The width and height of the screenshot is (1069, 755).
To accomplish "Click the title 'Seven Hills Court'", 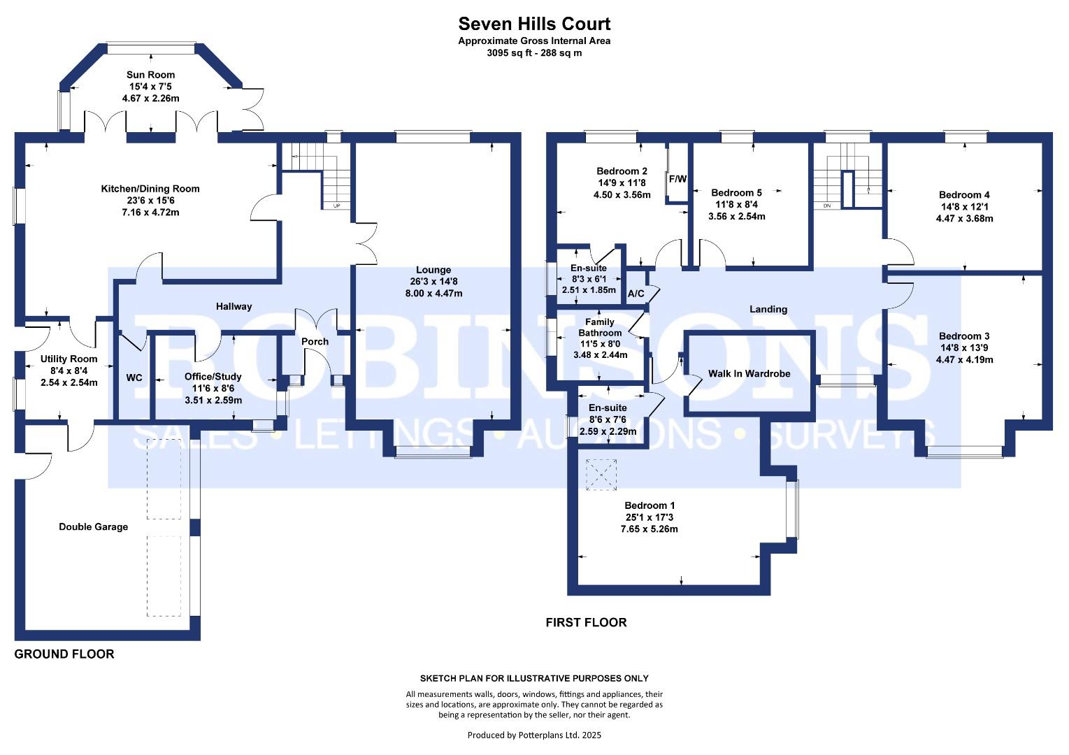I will (x=534, y=24).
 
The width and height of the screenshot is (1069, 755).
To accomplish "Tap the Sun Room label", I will (x=150, y=75).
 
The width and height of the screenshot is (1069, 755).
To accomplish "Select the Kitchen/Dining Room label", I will (x=150, y=189).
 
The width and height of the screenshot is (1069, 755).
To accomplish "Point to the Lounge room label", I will (x=433, y=270).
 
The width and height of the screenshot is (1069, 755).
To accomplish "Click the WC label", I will (x=134, y=378).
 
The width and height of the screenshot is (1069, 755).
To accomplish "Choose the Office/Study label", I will (x=213, y=377).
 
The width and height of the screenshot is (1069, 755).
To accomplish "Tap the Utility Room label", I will (x=69, y=359).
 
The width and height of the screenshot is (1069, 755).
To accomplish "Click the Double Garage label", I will (x=93, y=527).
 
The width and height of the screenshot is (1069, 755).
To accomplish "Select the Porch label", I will (x=315, y=342).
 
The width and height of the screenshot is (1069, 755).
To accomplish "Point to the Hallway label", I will (x=234, y=306).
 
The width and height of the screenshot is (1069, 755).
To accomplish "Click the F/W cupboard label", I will (x=677, y=179).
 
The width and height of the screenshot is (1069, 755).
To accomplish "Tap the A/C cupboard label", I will (x=636, y=294).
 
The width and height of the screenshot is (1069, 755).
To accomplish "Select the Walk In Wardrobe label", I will (x=749, y=373).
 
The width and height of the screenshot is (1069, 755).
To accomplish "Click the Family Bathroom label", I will (x=600, y=327).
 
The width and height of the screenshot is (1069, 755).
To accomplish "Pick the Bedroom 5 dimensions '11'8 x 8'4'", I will (x=736, y=205).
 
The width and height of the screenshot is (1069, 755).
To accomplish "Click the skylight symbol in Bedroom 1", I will (x=601, y=474).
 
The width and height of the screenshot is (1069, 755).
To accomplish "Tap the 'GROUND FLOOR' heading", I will (x=64, y=654).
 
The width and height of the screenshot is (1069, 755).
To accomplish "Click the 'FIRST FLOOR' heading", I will (x=586, y=622).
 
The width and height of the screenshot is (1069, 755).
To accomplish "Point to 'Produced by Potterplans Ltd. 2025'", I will (x=534, y=735).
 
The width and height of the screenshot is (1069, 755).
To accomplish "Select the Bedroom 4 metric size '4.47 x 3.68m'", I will (x=964, y=218).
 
